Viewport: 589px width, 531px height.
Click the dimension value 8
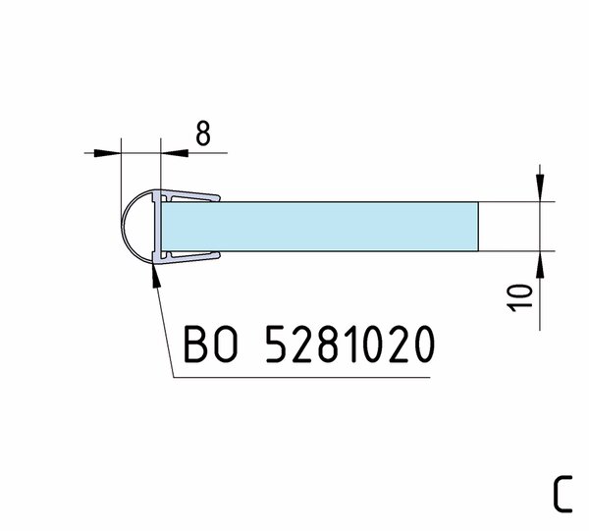(x=203, y=133)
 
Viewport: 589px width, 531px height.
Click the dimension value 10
(x=520, y=298)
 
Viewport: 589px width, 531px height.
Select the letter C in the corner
(x=562, y=494)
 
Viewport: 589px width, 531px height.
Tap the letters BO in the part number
(x=211, y=344)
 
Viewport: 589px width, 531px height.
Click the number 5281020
(x=350, y=344)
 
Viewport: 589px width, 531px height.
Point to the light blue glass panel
(x=320, y=227)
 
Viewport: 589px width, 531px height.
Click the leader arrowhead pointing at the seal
(x=156, y=275)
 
